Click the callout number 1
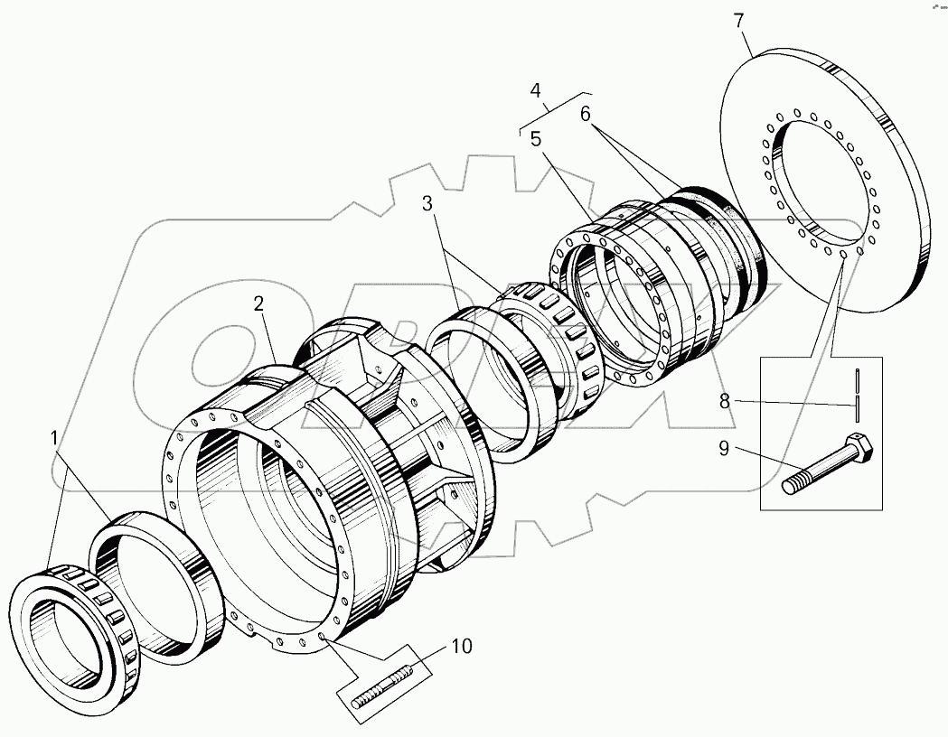[x=56, y=438]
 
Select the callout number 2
[x=259, y=304]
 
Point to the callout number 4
[x=536, y=90]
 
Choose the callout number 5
[x=536, y=140]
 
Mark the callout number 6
[x=585, y=114]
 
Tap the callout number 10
[x=462, y=647]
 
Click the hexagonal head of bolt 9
[x=861, y=449]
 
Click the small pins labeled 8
[x=855, y=394]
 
